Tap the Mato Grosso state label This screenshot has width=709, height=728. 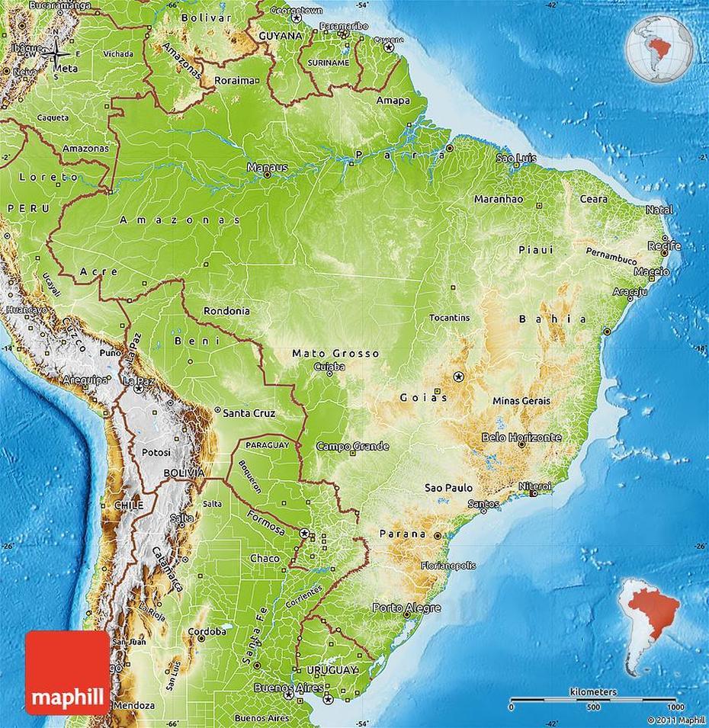click(x=335, y=354)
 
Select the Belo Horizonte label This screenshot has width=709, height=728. click(x=521, y=438)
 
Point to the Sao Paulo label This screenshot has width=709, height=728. click(x=448, y=488)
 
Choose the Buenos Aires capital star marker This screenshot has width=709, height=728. click(x=288, y=694)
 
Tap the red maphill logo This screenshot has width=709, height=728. click(x=67, y=672)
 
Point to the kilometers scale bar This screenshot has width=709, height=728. click(x=592, y=699)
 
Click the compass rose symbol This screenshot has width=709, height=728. click(x=56, y=53)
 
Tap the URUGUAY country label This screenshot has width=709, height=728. click(x=333, y=670)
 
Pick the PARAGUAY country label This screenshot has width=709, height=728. click(x=267, y=444)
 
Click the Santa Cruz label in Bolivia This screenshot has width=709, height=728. click(x=249, y=412)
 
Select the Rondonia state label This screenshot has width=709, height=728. click(x=226, y=311)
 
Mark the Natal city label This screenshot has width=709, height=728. click(x=659, y=210)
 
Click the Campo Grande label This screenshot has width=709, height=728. click(x=352, y=446)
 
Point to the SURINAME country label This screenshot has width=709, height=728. click(x=328, y=63)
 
